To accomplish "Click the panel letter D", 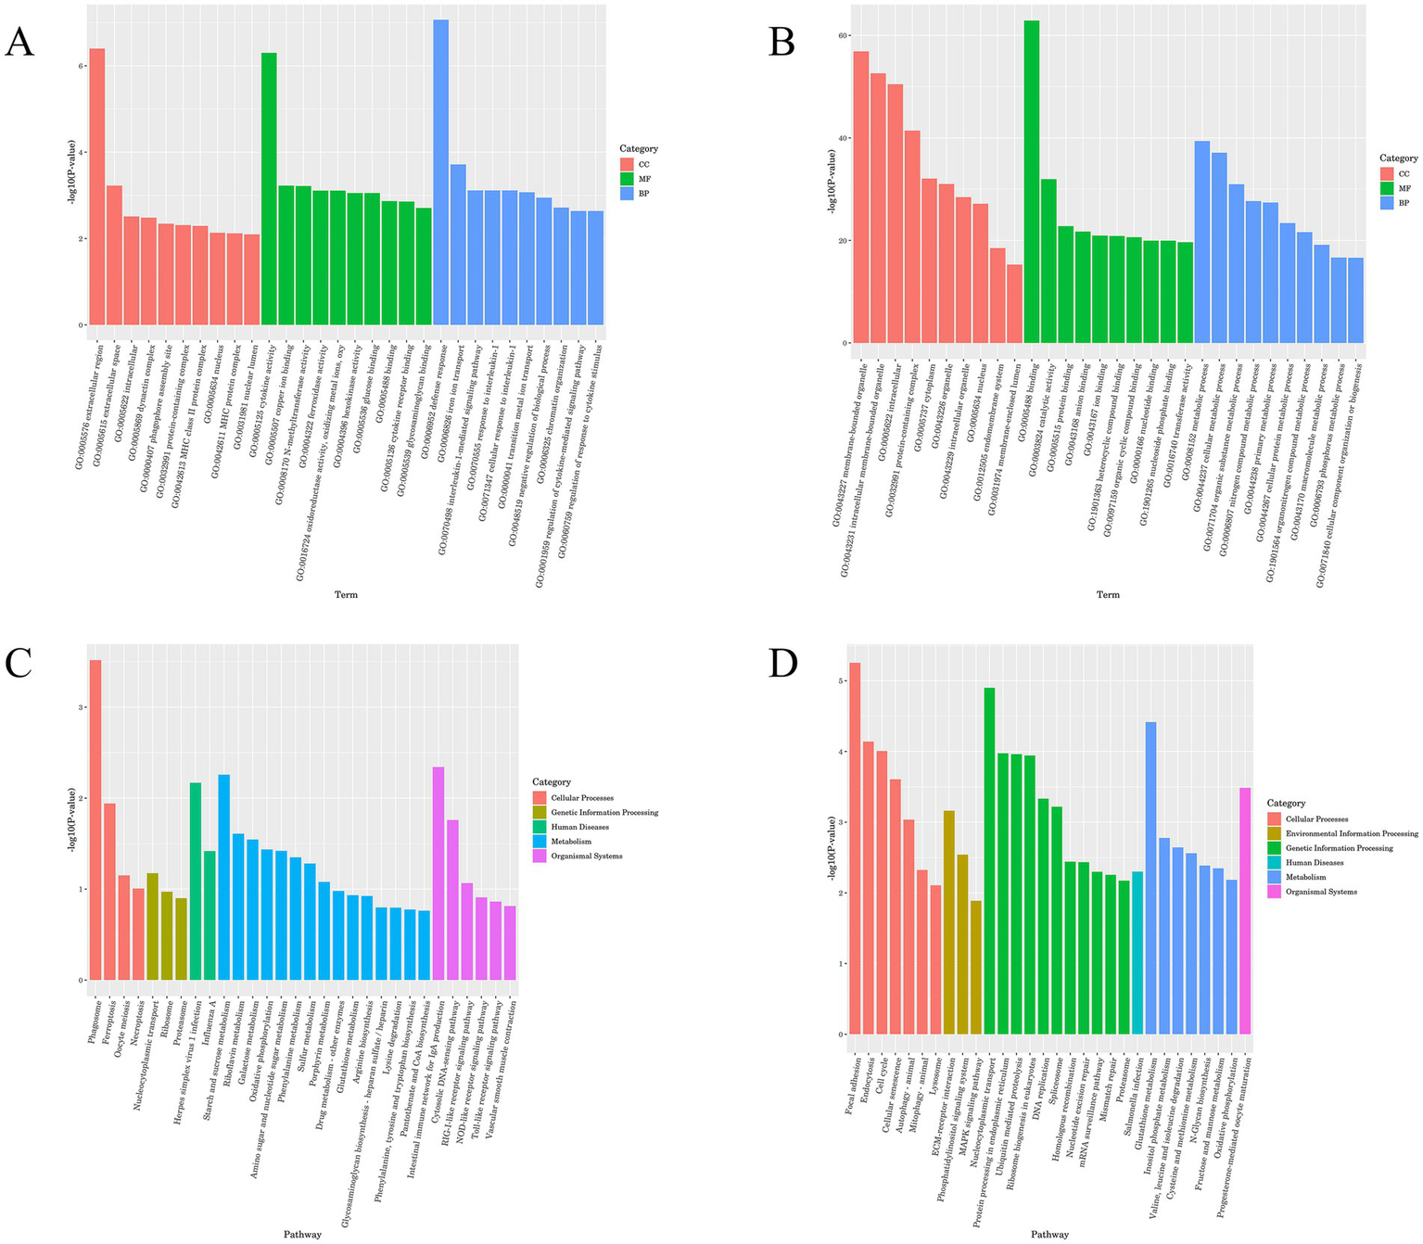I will pos(783,665).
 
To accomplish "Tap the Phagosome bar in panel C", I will pos(95,819).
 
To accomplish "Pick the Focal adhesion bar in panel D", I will pos(855,848).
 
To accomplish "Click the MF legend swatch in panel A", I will pos(628,179).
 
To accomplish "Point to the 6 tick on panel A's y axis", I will pos(83,66).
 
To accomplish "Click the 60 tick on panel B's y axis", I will pos(843,36).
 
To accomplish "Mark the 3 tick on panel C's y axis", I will pos(82,707).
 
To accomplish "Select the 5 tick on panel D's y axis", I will pos(841,680).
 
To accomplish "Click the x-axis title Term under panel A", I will pos(346,594).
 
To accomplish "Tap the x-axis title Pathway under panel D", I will pos(1049,1234).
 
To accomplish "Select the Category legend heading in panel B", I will pos(1398,159).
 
